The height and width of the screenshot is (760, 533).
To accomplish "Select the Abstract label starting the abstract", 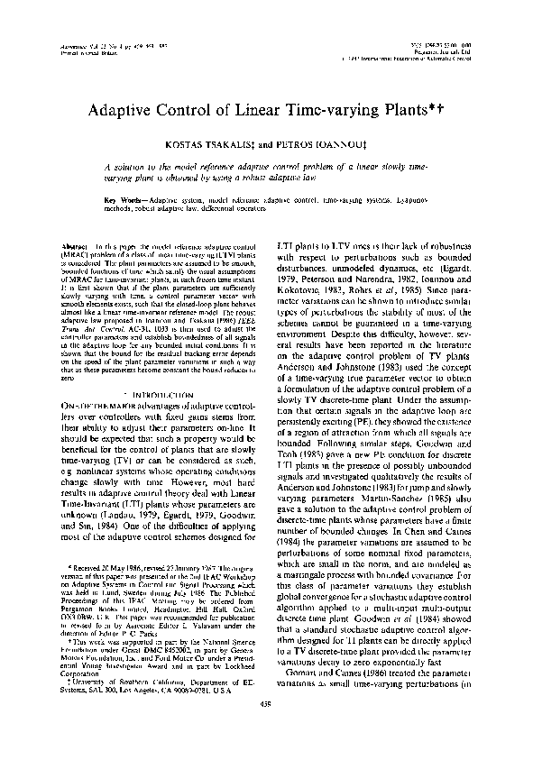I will point(76,245).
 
